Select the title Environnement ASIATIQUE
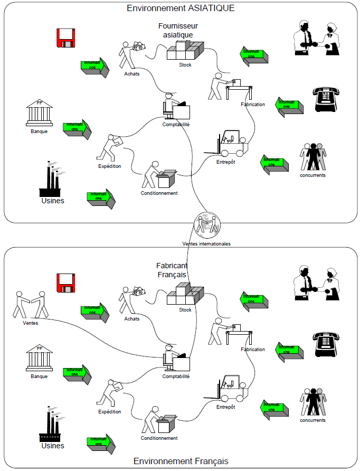[x=181, y=8]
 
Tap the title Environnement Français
[x=181, y=461]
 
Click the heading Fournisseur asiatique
[x=177, y=30]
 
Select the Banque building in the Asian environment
[x=40, y=112]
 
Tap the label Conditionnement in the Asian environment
[x=159, y=193]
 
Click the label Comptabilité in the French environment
[x=176, y=376]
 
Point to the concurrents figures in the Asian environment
[x=313, y=157]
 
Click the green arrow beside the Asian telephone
[x=290, y=106]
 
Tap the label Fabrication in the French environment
[x=252, y=350]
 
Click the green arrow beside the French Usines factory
[x=101, y=443]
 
